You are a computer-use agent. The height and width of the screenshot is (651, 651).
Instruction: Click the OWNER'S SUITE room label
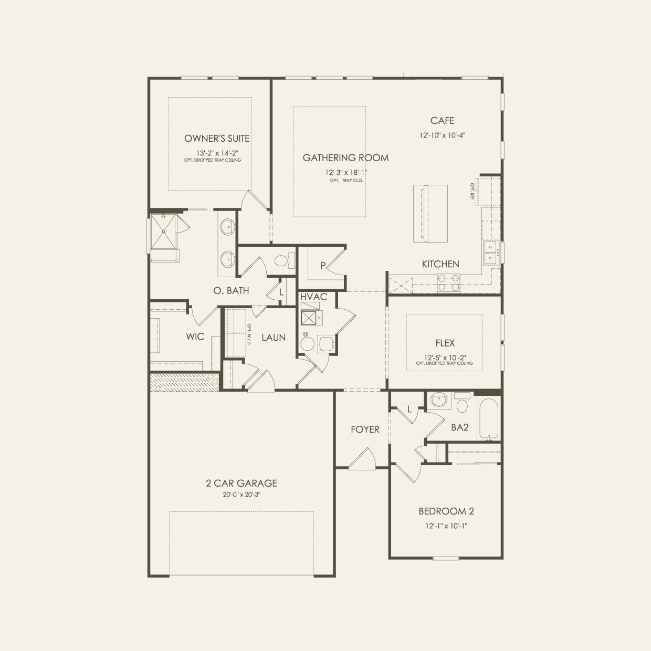(x=217, y=139)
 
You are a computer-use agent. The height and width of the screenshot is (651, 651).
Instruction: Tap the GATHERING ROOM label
(x=345, y=157)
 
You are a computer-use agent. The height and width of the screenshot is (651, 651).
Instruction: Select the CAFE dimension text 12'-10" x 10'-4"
(x=442, y=135)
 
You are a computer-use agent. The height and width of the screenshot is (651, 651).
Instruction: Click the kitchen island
(x=430, y=213)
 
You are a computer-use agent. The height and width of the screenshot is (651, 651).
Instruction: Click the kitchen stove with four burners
(x=448, y=283)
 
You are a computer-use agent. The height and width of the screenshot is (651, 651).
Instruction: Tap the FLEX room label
(x=445, y=343)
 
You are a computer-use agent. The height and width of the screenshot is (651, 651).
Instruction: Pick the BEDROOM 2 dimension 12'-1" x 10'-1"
(x=443, y=526)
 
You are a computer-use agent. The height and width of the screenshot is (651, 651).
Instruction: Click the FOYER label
(x=365, y=429)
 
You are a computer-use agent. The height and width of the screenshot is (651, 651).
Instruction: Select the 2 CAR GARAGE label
(x=241, y=483)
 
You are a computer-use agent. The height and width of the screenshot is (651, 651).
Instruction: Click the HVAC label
(x=313, y=297)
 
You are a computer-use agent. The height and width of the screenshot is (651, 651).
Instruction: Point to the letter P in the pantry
(x=323, y=266)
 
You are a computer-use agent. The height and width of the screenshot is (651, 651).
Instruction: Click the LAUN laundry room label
(x=273, y=338)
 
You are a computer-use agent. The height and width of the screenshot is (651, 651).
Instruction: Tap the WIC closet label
(x=195, y=337)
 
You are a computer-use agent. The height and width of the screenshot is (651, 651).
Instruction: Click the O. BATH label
(x=231, y=291)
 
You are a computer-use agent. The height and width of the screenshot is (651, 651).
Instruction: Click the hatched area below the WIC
(x=184, y=382)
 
